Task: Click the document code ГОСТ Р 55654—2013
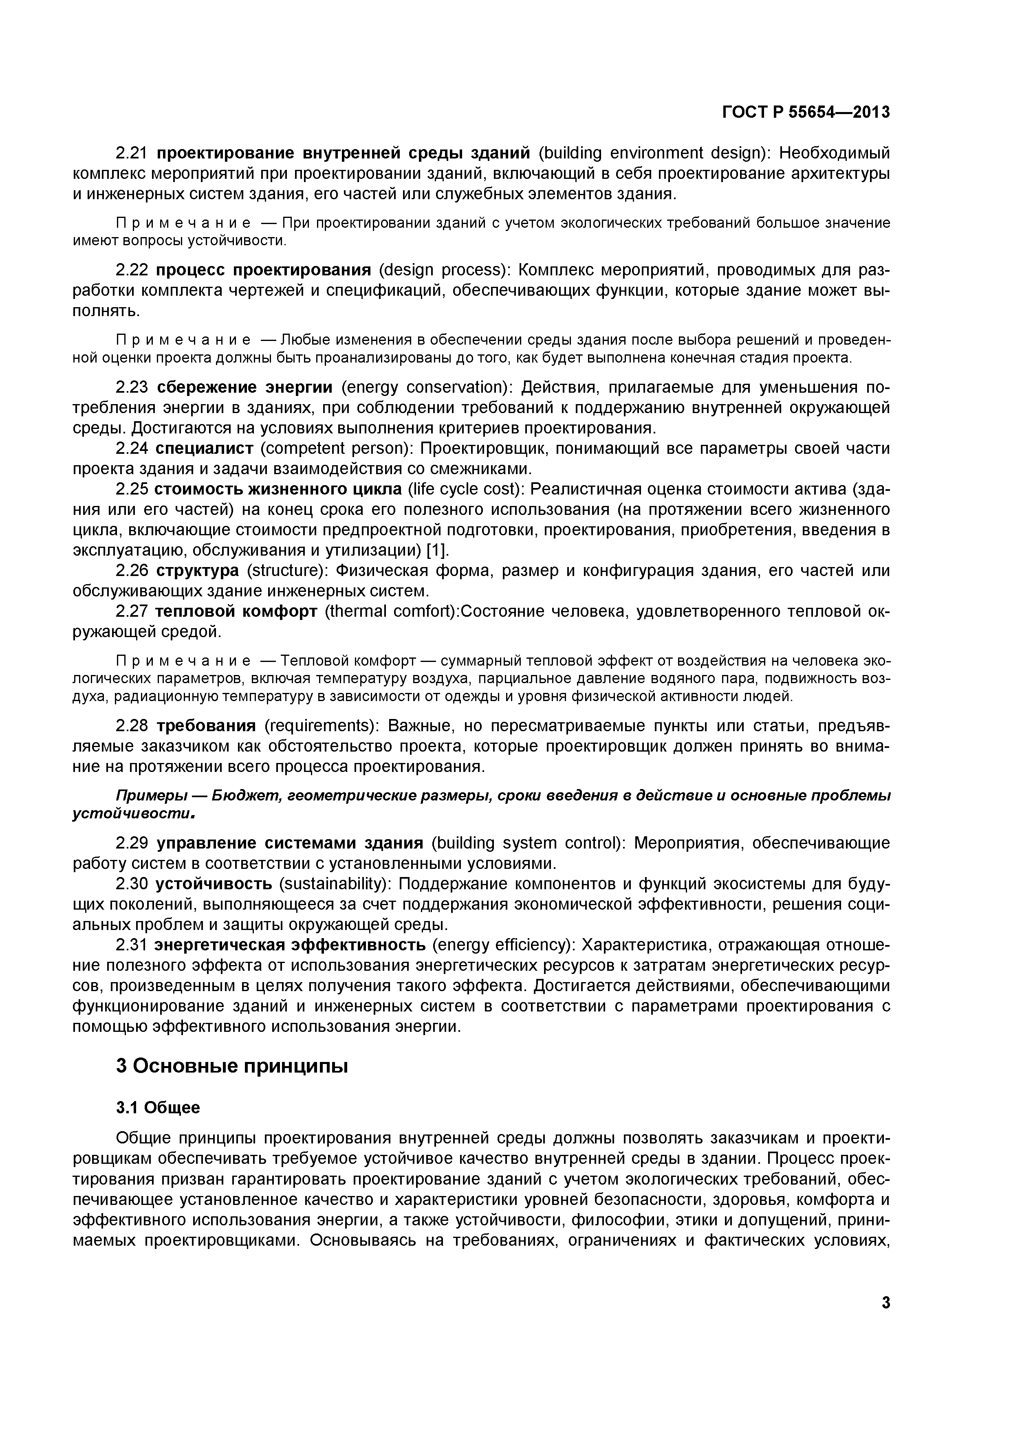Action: click(806, 112)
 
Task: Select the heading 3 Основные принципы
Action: click(231, 1066)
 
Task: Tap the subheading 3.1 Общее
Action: click(158, 1107)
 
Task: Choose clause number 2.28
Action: click(132, 726)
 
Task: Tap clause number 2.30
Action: click(132, 884)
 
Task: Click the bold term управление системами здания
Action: click(289, 843)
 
